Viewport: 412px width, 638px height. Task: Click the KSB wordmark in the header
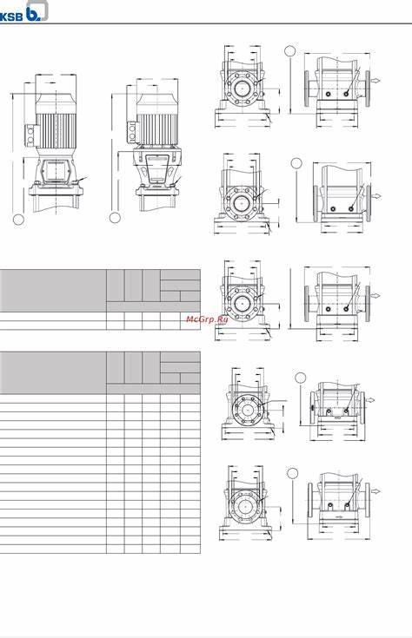[x=11, y=17]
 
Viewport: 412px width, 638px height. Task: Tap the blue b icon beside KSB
[x=37, y=10]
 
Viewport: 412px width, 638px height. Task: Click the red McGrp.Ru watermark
[x=207, y=319]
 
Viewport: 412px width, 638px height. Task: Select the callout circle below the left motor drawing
[x=18, y=219]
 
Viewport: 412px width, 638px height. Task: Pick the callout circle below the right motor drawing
[x=115, y=218]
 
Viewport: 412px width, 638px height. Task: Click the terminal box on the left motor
[x=31, y=135]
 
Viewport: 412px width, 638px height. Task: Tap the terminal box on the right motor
[x=131, y=132]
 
